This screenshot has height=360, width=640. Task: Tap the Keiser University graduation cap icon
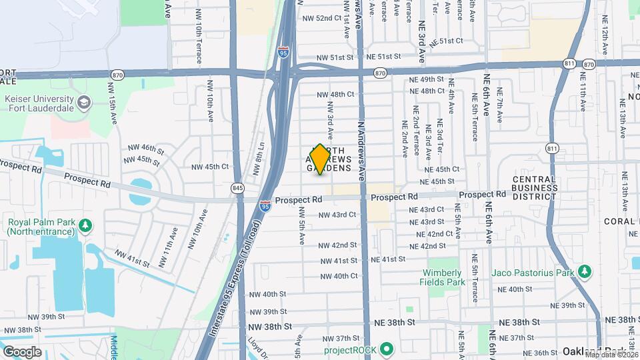tap(84, 103)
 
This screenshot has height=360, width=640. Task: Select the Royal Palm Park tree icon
tap(85, 225)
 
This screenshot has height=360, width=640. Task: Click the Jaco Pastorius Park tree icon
tap(585, 271)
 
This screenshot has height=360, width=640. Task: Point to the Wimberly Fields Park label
tap(441, 277)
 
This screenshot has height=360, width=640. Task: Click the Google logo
tap(22, 351)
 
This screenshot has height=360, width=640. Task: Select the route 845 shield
tap(237, 188)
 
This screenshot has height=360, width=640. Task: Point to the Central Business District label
tap(535, 187)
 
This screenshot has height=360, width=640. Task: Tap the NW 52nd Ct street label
tap(319, 18)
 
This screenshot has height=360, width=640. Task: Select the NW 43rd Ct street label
tap(337, 215)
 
